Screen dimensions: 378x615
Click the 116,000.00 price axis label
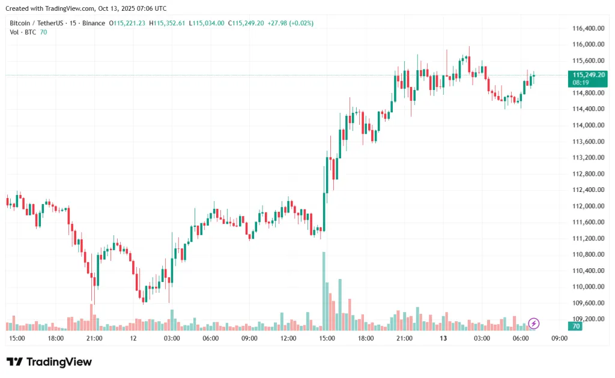587,44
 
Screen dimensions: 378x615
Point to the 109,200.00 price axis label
587,319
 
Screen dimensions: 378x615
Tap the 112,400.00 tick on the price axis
587,190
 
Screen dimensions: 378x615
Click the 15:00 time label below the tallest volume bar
327,338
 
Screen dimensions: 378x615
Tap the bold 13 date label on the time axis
443,338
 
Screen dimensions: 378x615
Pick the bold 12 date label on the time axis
133,338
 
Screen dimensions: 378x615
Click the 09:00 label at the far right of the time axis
559,338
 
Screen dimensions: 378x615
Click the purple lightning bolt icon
534,323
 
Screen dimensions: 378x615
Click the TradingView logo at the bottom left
49,362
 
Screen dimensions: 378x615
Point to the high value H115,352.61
169,23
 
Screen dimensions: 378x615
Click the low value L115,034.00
207,23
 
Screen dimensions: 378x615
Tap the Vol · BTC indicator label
23,32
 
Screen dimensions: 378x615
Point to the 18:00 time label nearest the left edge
56,338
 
